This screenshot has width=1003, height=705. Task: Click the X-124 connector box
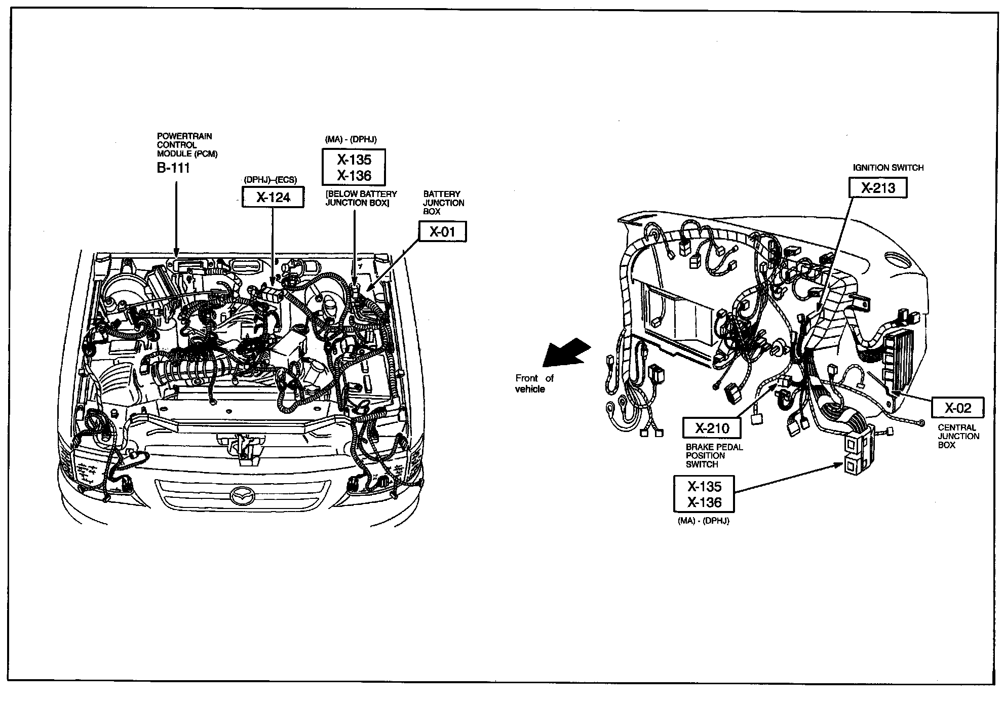coord(273,197)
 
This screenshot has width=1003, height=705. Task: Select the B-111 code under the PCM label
coord(173,169)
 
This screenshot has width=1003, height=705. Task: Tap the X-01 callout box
coord(442,231)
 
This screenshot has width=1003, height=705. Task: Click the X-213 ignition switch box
coord(878,188)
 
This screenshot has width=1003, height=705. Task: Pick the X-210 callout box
coord(712,428)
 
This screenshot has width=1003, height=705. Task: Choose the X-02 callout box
coord(958,408)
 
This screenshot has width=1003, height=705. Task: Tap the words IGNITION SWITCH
coord(888,168)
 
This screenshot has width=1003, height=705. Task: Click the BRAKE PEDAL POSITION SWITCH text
coord(714,455)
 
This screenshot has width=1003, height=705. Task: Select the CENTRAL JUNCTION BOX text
coord(958,436)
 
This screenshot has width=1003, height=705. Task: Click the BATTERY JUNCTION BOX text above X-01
coord(443,203)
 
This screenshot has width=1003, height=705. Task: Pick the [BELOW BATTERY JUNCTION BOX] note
coord(361,198)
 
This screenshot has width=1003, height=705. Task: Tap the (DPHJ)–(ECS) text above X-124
coord(270,180)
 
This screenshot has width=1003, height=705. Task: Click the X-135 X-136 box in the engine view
coord(354,167)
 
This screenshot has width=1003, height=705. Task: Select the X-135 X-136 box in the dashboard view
coord(704,494)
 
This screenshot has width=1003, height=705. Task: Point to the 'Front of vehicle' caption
coord(534,383)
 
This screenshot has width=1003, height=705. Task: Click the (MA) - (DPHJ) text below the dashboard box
coord(703,521)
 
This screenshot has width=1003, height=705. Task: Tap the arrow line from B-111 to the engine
coord(176,218)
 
